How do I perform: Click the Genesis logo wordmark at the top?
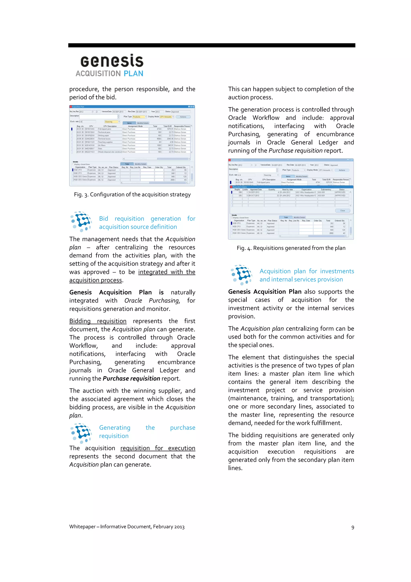click(x=112, y=61)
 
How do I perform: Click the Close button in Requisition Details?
click(x=342, y=210)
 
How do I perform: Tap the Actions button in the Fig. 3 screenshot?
click(x=183, y=117)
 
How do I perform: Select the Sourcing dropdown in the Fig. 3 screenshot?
click(x=112, y=122)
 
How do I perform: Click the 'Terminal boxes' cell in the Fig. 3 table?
click(x=110, y=139)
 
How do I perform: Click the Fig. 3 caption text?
click(x=132, y=194)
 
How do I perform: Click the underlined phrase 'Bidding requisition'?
click(x=98, y=321)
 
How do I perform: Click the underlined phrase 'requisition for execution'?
click(x=158, y=448)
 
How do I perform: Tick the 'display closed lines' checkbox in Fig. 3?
click(x=73, y=164)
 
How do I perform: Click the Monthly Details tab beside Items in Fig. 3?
click(x=143, y=123)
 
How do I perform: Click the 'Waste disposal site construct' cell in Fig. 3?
click(x=110, y=152)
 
